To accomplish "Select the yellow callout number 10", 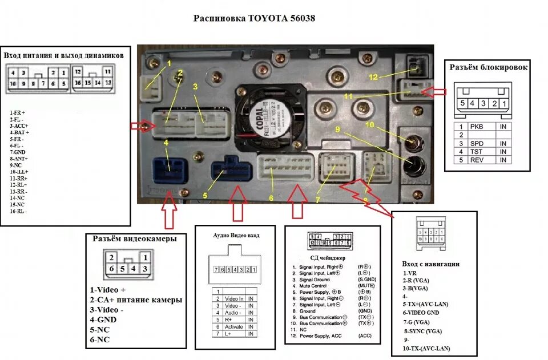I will click(370, 124).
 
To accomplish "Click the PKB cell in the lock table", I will click(477, 126).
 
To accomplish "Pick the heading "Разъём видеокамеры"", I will click(135, 238).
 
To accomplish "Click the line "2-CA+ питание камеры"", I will click(136, 300).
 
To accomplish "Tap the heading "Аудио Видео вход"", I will click(236, 235).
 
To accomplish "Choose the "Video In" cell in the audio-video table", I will click(234, 298).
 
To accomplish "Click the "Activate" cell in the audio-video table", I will click(234, 326).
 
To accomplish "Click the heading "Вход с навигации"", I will click(431, 264).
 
